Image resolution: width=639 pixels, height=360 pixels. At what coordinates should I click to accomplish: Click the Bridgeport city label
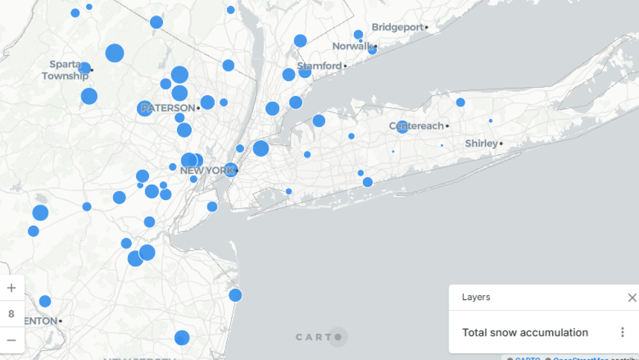point(398,27)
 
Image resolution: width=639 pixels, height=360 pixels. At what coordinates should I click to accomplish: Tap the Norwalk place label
point(352,46)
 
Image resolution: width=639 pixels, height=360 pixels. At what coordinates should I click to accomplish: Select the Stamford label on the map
point(319,66)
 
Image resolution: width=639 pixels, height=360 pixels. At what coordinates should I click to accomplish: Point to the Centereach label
point(416,126)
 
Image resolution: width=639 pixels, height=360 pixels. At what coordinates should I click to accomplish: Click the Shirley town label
point(481,143)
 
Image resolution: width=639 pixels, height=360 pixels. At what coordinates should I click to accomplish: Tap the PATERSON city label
point(168,108)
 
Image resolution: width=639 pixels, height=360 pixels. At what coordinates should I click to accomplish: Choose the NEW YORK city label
point(207,171)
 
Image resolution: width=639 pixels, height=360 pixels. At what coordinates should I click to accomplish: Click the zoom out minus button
point(12,340)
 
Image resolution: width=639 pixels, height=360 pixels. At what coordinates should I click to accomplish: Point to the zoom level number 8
point(12,314)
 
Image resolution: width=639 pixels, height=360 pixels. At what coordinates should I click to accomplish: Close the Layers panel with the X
point(632,298)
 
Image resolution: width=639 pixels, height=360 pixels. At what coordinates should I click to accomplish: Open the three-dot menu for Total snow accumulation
point(622,332)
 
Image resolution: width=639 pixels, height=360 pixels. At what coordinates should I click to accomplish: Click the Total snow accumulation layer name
point(525,333)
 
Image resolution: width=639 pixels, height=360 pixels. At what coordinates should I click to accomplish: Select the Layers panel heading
point(476,298)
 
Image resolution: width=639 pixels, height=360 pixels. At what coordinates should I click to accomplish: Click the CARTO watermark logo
point(319,337)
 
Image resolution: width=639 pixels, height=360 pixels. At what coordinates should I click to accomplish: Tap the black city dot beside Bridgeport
point(426,27)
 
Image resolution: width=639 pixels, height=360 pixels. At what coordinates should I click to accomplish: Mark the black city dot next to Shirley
point(501,143)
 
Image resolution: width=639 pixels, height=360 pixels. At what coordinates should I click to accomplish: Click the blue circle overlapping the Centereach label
point(402,127)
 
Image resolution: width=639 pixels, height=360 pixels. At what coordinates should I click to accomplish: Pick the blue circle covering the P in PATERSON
point(145,109)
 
